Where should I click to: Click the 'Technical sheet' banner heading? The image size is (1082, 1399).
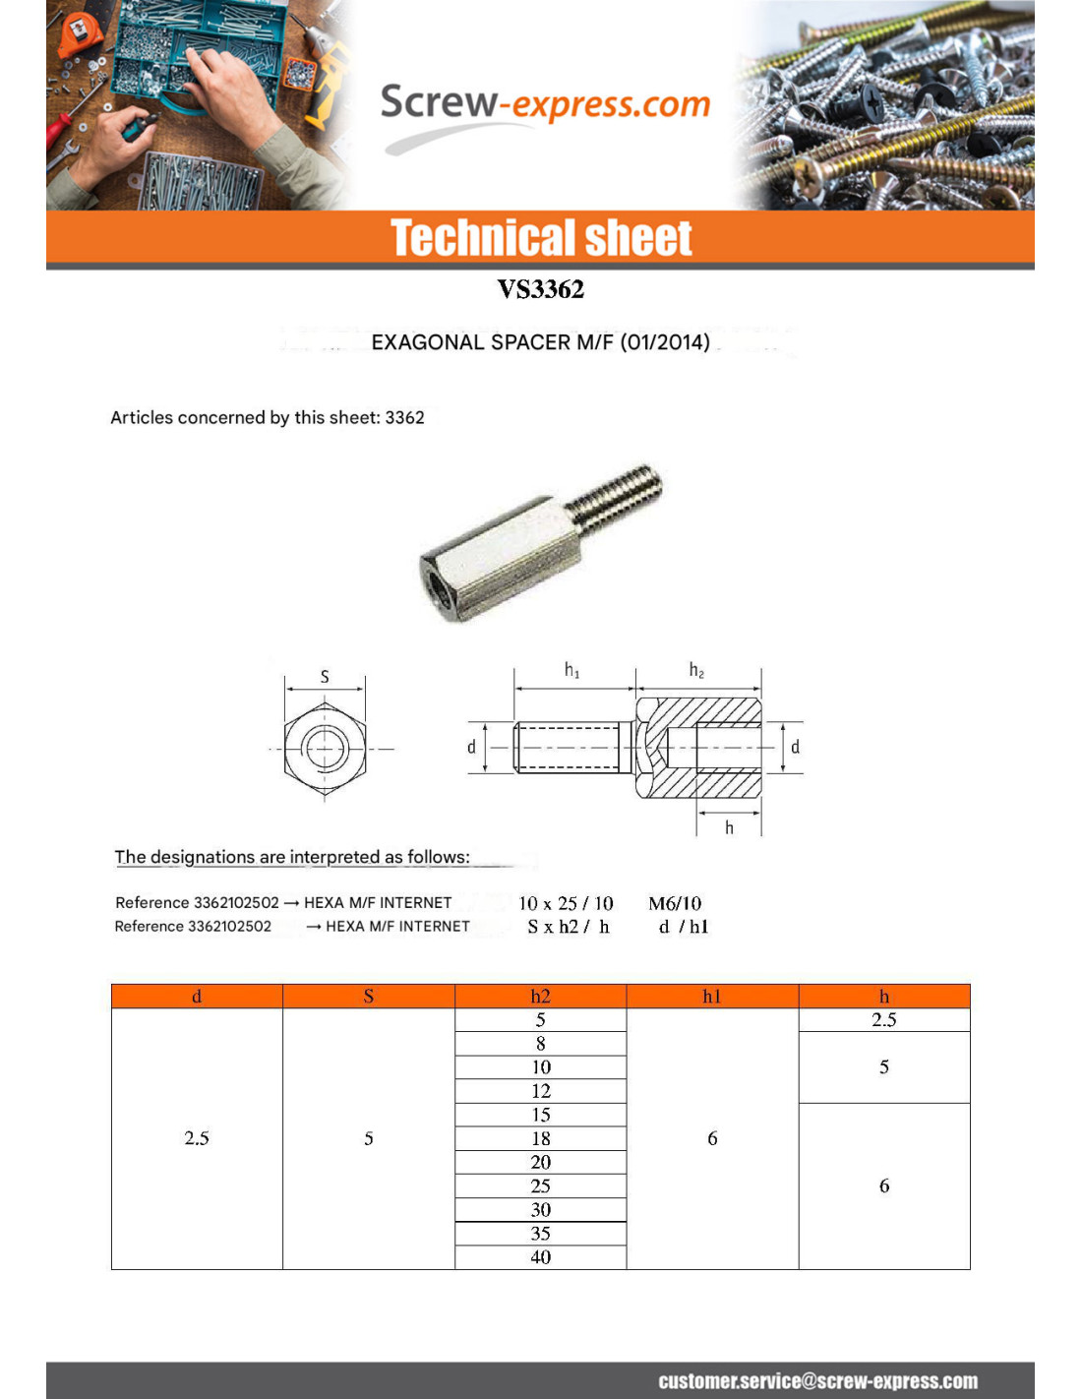pyautogui.click(x=541, y=238)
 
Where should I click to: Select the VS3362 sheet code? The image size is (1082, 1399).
pyautogui.click(x=540, y=289)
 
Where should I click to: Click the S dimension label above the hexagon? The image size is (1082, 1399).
pyautogui.click(x=325, y=677)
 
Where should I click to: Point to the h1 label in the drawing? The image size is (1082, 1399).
pyautogui.click(x=571, y=671)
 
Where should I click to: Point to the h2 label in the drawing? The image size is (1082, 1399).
pyautogui.click(x=696, y=671)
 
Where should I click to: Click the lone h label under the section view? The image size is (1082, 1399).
pyautogui.click(x=729, y=828)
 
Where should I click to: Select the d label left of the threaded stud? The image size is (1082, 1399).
pyautogui.click(x=471, y=748)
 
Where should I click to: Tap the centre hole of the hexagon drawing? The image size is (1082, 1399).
pyautogui.click(x=325, y=749)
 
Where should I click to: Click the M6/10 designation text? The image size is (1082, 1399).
pyautogui.click(x=675, y=903)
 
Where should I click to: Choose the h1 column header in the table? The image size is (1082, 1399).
pyautogui.click(x=712, y=997)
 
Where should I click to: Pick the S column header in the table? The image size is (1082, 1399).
pyautogui.click(x=369, y=997)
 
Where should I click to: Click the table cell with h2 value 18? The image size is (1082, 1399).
pyautogui.click(x=541, y=1138)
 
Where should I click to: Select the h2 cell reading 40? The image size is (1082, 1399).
pyautogui.click(x=541, y=1257)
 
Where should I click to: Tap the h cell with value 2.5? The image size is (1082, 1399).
pyautogui.click(x=883, y=1020)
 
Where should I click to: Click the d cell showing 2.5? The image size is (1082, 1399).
pyautogui.click(x=197, y=1138)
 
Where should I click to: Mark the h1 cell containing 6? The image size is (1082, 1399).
pyautogui.click(x=712, y=1138)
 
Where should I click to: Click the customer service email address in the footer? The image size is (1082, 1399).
pyautogui.click(x=817, y=1381)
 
